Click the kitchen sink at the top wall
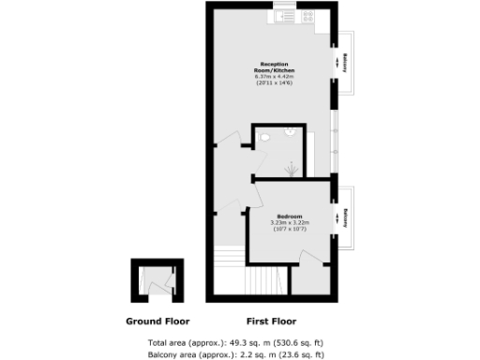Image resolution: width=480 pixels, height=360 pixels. coord(282,15)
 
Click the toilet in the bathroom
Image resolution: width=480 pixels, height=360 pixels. coord(266,138)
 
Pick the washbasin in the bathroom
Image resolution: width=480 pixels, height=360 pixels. coord(293,132)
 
